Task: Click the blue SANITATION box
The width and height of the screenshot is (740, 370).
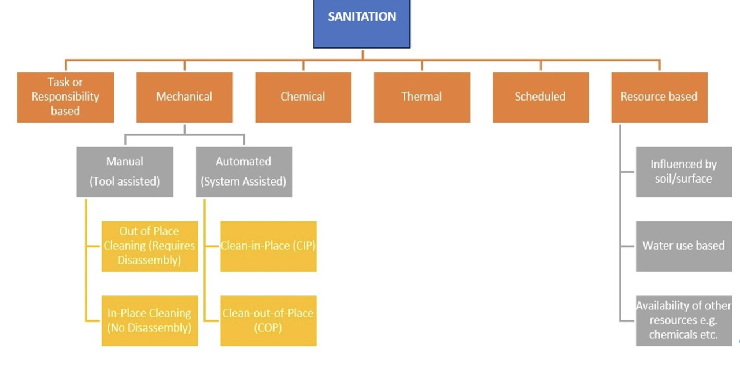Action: point(362,23)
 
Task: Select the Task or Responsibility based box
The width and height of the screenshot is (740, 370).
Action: point(65,97)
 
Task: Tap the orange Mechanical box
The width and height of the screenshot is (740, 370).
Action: point(184,97)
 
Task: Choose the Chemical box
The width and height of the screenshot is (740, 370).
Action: point(303,97)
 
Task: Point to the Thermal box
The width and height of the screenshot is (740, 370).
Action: point(421,97)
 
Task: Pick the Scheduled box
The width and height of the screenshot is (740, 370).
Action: point(541,97)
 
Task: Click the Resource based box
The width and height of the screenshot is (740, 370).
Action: point(659,97)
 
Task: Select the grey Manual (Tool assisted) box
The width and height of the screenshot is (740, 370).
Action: point(125,172)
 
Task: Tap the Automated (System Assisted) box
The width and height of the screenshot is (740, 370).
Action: point(243,172)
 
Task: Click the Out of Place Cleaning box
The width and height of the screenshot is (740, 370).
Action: point(150,246)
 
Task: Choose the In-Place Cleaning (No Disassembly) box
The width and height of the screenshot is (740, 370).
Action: point(150,320)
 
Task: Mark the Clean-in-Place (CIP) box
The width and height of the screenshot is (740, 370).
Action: point(268,246)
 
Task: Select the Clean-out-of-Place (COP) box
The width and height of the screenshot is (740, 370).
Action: point(268,320)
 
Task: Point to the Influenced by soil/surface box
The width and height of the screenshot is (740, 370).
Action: point(683,172)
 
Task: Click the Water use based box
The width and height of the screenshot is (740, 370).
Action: point(683,246)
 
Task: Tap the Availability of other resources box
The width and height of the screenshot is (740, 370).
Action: point(683,320)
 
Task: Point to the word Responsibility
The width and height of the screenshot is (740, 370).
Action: point(65,97)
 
